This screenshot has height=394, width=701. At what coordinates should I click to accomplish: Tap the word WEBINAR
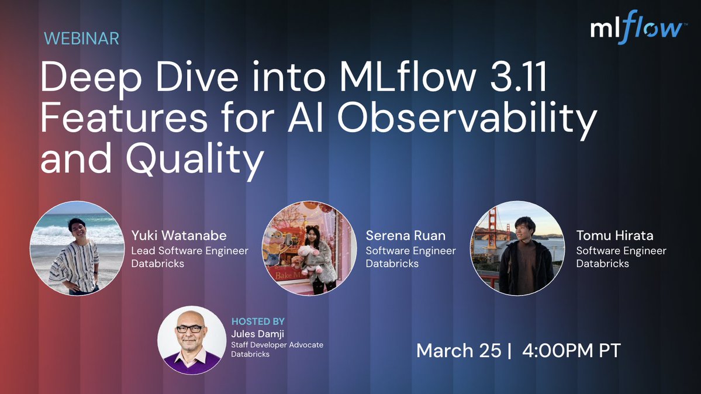pyautogui.click(x=82, y=39)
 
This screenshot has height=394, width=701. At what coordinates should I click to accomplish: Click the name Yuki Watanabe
pyautogui.click(x=179, y=236)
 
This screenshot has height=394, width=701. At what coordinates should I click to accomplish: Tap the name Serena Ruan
pyautogui.click(x=406, y=236)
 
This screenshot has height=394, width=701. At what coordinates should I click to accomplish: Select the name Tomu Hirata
pyautogui.click(x=614, y=236)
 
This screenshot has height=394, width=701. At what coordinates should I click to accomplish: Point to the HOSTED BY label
pyautogui.click(x=258, y=322)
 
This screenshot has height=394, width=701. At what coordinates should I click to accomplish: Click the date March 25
pyautogui.click(x=458, y=351)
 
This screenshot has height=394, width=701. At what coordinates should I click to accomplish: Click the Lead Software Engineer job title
pyautogui.click(x=189, y=251)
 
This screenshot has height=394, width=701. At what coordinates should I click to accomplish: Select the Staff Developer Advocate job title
pyautogui.click(x=277, y=345)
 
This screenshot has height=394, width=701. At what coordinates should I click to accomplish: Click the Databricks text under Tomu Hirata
pyautogui.click(x=602, y=264)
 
